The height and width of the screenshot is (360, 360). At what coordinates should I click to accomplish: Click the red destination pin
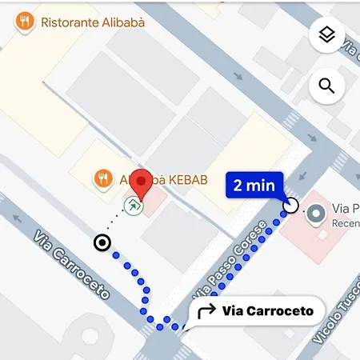tap(142, 185)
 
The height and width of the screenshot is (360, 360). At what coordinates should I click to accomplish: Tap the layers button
tap(326, 35)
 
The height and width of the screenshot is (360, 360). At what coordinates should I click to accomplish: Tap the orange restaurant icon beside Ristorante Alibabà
tap(26, 22)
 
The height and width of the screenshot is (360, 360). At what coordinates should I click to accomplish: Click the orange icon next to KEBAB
tap(102, 179)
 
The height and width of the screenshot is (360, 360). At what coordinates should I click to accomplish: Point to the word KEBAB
tap(180, 181)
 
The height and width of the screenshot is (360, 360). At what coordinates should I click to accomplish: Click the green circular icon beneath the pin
tap(135, 208)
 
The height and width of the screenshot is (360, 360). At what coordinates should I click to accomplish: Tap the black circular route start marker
tap(102, 242)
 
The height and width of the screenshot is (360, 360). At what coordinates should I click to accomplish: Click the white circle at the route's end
tap(290, 206)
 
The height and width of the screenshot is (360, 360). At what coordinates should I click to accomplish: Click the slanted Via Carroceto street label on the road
tap(71, 263)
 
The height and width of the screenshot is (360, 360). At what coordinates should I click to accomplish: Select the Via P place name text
tap(346, 208)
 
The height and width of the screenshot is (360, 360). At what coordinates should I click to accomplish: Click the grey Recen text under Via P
tap(346, 223)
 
